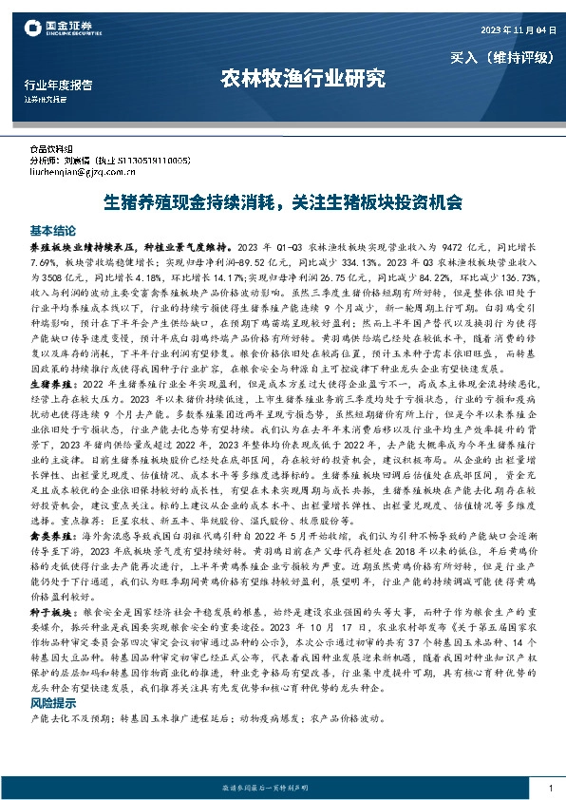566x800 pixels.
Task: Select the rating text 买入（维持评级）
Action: click(500, 57)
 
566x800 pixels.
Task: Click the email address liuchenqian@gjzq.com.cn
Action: click(90, 174)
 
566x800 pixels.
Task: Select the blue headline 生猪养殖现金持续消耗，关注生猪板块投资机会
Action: click(283, 202)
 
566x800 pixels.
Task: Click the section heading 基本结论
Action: click(52, 231)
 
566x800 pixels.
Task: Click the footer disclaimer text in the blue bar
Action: click(282, 789)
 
